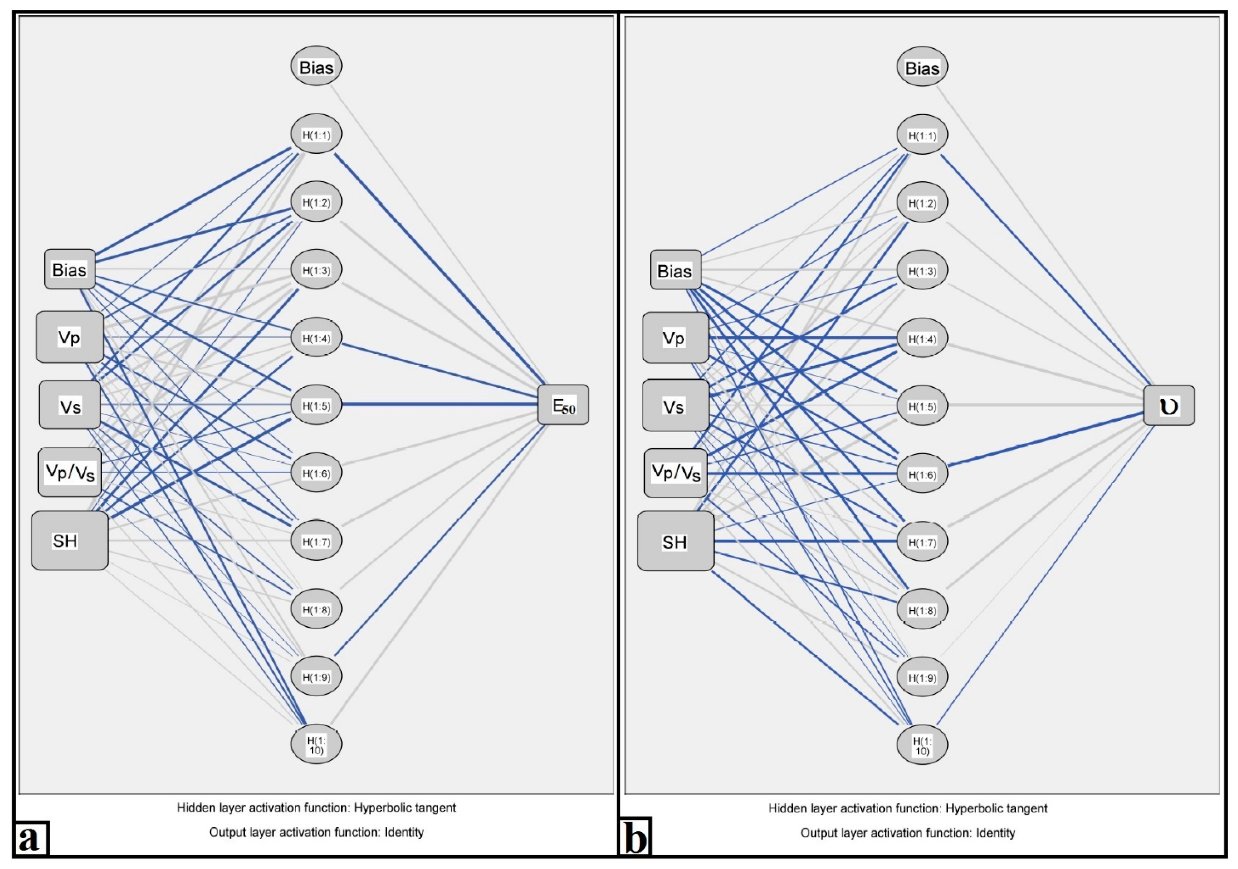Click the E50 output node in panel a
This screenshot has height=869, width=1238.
tap(563, 405)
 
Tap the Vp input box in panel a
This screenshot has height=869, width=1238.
tap(70, 337)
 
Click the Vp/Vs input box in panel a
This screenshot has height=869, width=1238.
tap(70, 472)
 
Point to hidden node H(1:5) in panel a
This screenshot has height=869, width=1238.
tap(316, 405)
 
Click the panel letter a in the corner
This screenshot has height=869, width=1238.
tap(30, 839)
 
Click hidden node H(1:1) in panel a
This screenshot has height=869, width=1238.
tap(316, 134)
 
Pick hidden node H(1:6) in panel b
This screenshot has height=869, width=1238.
tap(922, 474)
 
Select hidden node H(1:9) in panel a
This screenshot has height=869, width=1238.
tap(316, 677)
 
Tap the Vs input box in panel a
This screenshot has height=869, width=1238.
tap(70, 405)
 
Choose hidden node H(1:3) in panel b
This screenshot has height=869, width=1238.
tap(922, 270)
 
